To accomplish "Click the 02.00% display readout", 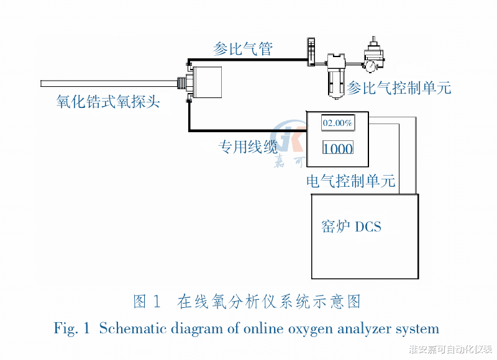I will [x=337, y=123].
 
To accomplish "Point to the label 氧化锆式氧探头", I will [x=108, y=101].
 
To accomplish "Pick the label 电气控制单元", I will [x=351, y=182].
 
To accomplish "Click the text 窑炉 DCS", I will [x=352, y=226].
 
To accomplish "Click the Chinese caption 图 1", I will [x=148, y=302].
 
